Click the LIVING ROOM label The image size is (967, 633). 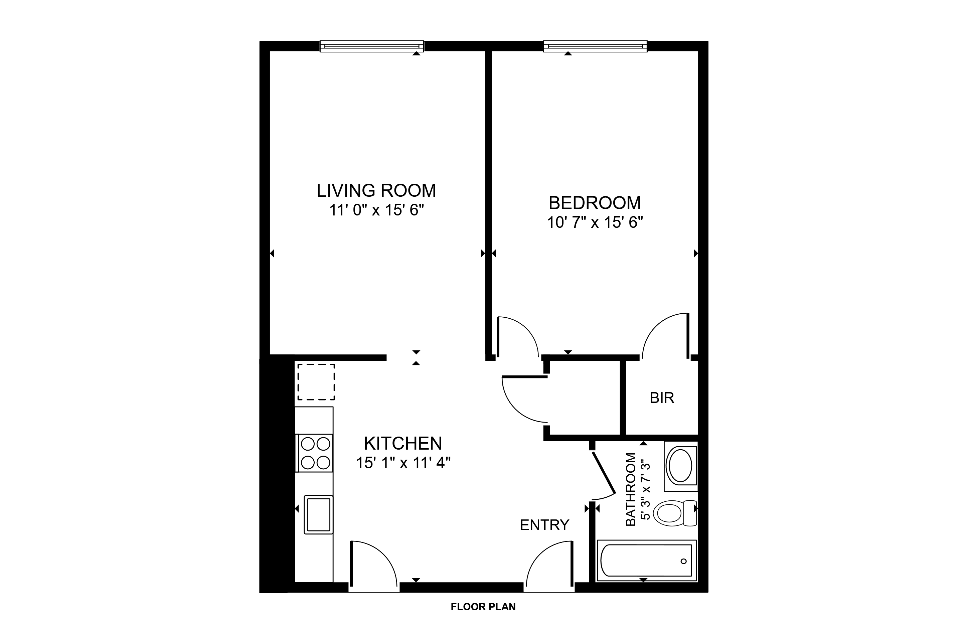[x=376, y=190]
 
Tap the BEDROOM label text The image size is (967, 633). [x=595, y=203]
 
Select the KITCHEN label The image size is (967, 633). [x=403, y=443]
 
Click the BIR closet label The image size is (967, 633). [x=662, y=398]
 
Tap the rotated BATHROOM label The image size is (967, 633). [x=631, y=490]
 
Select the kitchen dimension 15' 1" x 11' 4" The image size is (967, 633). [x=404, y=463]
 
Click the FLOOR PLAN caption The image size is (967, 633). [x=483, y=607]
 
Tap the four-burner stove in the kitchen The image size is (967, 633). [x=315, y=453]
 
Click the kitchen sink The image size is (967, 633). [x=319, y=514]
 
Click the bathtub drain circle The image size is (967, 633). [x=683, y=561]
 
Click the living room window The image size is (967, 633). [x=372, y=46]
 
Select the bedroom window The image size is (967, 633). [x=595, y=46]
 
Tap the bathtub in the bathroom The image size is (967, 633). [x=646, y=561]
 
